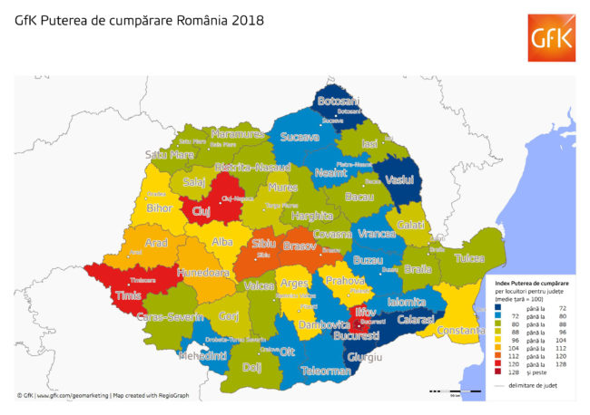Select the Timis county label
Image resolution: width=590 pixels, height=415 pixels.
pyautogui.click(x=129, y=292)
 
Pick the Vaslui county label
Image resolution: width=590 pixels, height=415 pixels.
pyautogui.click(x=399, y=180)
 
